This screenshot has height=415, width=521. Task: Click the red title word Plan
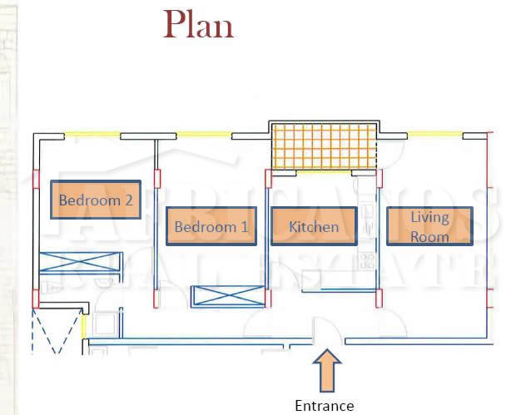(x=199, y=24)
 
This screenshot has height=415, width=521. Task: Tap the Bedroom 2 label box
(x=96, y=200)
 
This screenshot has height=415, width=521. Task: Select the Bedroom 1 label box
(x=211, y=226)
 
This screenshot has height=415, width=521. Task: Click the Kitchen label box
(x=314, y=226)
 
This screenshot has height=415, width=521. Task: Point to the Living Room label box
(x=429, y=226)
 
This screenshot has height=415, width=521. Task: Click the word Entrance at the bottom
(x=325, y=406)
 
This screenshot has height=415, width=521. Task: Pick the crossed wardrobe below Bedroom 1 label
(x=227, y=296)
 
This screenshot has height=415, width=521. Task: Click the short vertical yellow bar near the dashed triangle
(x=83, y=325)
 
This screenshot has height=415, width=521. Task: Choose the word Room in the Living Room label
(x=429, y=236)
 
